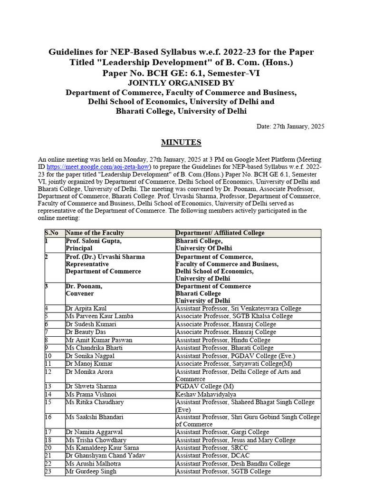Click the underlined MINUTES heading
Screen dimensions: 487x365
pos(181,142)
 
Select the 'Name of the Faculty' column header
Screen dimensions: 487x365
pos(95,233)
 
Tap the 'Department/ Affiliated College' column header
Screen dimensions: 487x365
pos(220,233)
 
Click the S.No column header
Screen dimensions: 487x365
pos(52,233)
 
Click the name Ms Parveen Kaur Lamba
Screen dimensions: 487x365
pos(99,316)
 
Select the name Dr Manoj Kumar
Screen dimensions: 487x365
pos(86,364)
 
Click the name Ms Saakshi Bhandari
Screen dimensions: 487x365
pos(95,417)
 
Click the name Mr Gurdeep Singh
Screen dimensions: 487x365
pos(91,471)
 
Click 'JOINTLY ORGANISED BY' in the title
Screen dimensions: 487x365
pos(181,83)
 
